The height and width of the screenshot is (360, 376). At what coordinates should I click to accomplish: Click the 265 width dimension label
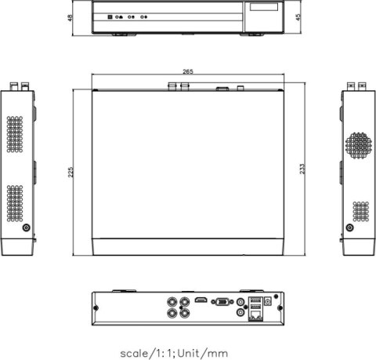pos(188,71)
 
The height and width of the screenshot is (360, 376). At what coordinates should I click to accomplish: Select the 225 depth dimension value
pos(71,172)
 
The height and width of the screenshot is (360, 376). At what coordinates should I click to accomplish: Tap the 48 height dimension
pos(71,16)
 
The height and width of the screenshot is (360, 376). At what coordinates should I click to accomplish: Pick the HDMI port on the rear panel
pos(201,300)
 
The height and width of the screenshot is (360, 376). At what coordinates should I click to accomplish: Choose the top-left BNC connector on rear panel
pos(171,300)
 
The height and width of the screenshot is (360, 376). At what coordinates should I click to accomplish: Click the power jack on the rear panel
pos(269,300)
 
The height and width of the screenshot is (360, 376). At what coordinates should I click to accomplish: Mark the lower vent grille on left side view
pos(16,203)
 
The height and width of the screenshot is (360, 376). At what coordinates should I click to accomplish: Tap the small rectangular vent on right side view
pos(360,211)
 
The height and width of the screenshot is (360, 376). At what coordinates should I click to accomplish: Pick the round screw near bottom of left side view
pos(27,227)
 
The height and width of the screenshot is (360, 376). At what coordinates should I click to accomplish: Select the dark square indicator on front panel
pos(109,16)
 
